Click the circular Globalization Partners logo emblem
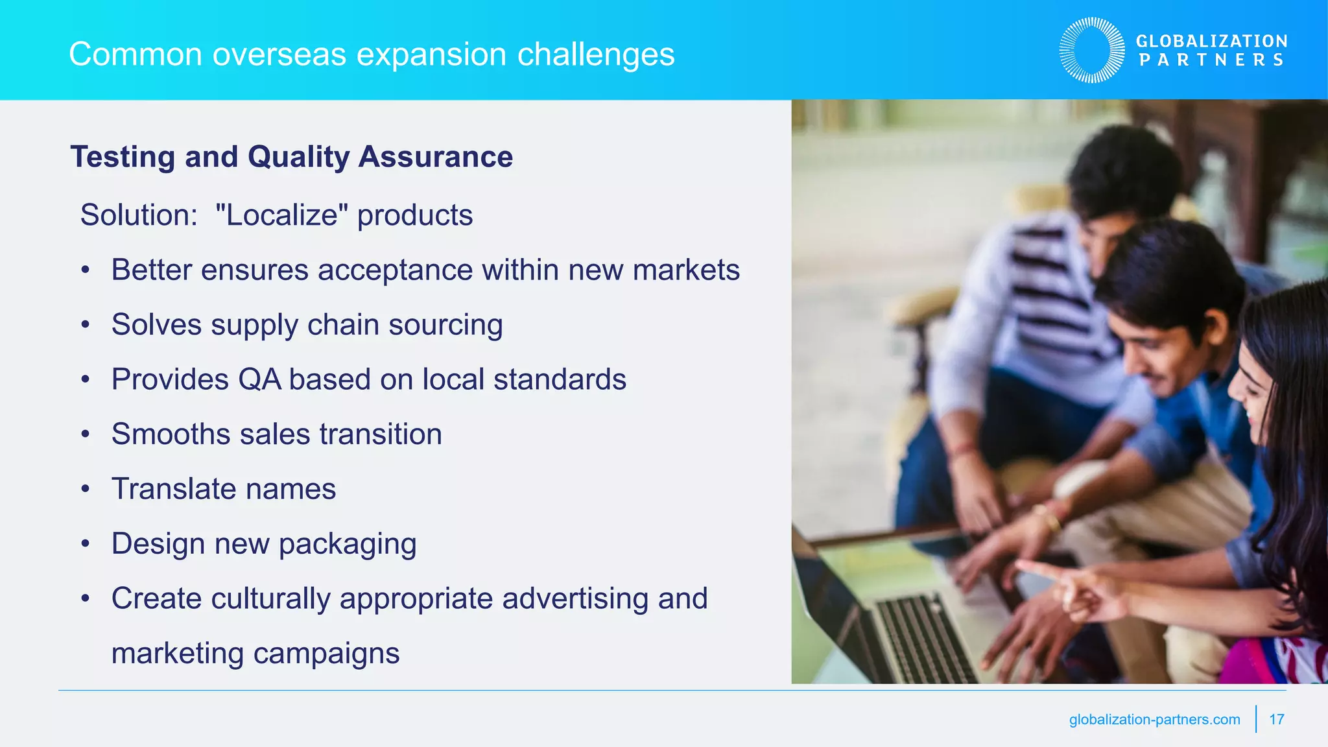[x=1092, y=50]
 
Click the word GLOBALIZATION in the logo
[x=1211, y=41]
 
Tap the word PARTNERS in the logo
[x=1211, y=60]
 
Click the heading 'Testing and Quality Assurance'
[x=291, y=157]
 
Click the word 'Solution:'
[x=139, y=215]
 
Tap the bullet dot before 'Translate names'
[x=85, y=489]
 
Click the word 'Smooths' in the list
[x=170, y=434]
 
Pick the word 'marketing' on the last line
[x=177, y=653]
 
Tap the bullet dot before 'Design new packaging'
[x=85, y=544]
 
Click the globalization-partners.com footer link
[x=1154, y=719]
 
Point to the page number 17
[x=1276, y=719]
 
